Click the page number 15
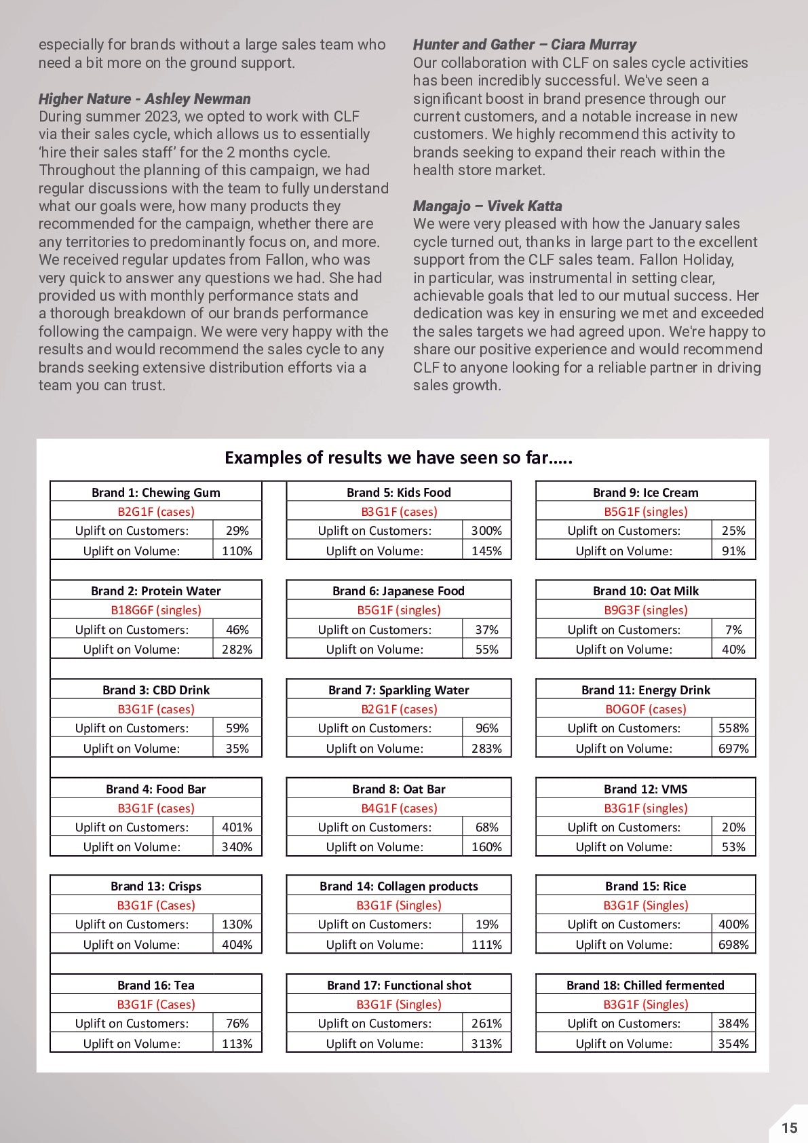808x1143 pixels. [789, 1127]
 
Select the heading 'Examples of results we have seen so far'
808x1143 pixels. [398, 457]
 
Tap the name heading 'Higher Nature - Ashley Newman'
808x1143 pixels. [145, 98]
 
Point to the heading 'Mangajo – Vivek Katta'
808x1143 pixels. [487, 206]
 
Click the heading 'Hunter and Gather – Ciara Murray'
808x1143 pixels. [524, 45]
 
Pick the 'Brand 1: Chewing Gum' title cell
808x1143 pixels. [155, 492]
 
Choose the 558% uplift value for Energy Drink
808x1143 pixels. [733, 728]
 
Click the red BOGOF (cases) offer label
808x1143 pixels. [645, 709]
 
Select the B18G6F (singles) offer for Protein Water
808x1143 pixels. [155, 610]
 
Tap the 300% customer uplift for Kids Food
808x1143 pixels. [486, 531]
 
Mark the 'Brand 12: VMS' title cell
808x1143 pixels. [645, 789]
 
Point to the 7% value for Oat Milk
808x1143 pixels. [733, 630]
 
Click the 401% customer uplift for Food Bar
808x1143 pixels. [237, 827]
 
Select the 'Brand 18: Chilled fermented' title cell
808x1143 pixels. [645, 985]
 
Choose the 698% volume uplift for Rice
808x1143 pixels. [733, 945]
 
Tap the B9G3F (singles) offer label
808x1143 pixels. [645, 610]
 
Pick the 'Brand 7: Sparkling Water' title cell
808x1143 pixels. [398, 690]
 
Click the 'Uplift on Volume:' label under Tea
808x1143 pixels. [132, 1044]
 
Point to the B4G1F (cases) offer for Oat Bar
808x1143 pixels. [398, 808]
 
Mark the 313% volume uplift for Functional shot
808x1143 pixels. [486, 1044]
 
